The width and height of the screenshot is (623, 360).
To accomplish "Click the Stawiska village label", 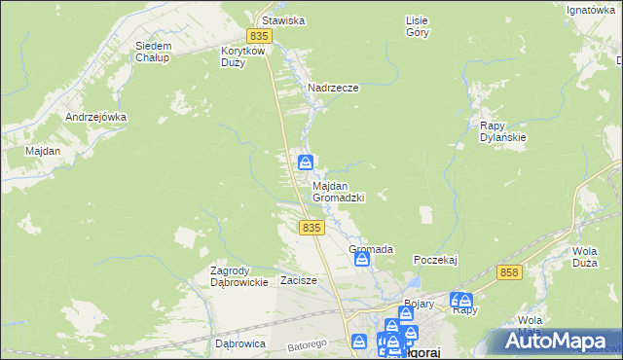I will (279, 19).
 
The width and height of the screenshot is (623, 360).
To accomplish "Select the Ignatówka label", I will (594, 11).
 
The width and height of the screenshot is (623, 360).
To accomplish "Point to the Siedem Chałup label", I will (153, 52).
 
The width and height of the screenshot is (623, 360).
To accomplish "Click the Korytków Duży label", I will (243, 55).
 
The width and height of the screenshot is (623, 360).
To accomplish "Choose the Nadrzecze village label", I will (334, 88).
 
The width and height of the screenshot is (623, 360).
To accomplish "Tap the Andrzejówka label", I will (96, 117).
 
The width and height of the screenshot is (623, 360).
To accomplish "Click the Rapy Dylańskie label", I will (503, 131).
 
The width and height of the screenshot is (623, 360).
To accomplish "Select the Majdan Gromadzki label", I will (338, 191).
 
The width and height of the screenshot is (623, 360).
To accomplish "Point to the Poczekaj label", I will (435, 260).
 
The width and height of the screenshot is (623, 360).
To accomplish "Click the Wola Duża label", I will (584, 256).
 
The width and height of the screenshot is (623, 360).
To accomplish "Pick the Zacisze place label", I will (299, 280).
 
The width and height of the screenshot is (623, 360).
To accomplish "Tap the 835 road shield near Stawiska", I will (257, 36).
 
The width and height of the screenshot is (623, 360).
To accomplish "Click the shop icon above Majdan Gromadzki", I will (305, 162).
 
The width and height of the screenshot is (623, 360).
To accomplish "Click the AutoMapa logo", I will (556, 341).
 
